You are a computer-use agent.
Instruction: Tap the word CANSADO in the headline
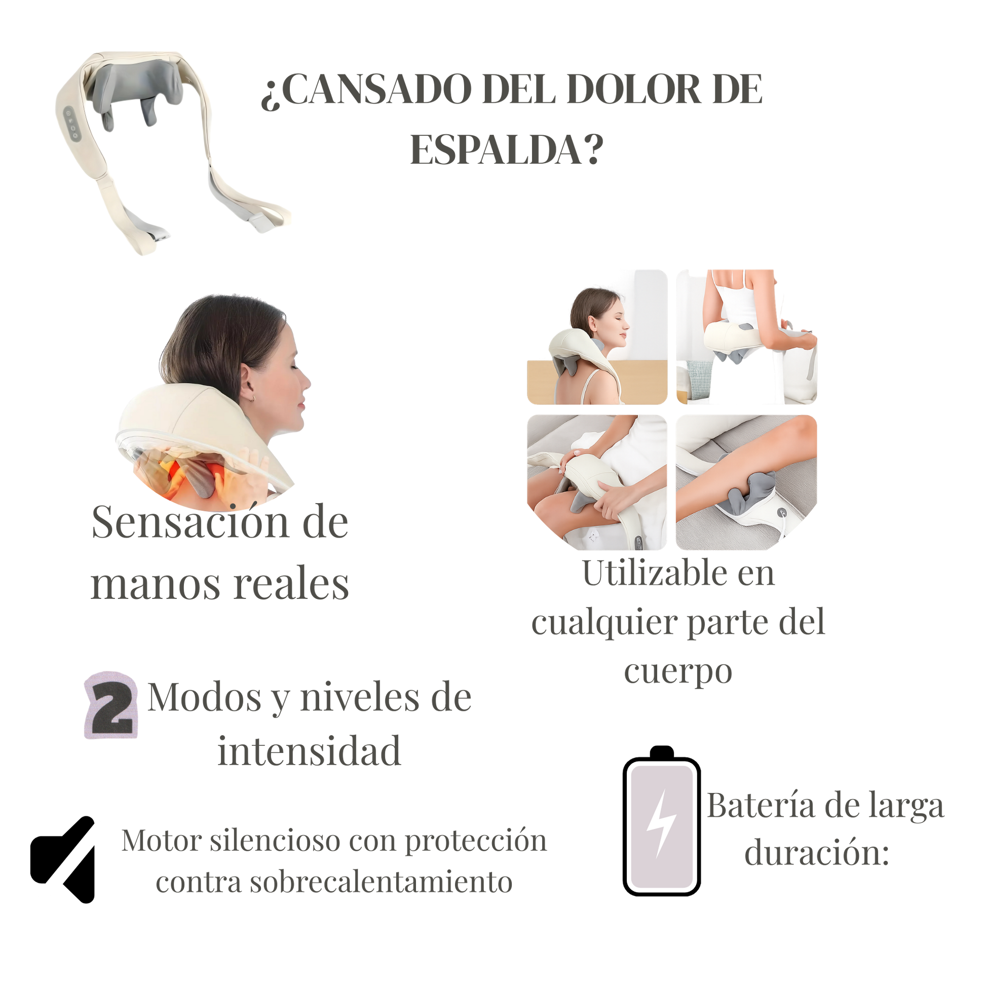[x=376, y=89]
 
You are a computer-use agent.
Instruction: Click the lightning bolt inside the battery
[x=661, y=823]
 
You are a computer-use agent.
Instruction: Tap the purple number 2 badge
[x=111, y=705]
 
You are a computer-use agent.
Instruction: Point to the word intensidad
[x=309, y=751]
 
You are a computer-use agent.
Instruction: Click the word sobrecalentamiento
[x=334, y=882]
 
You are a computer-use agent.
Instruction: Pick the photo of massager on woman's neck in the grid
[x=597, y=337]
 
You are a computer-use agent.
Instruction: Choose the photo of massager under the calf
[x=746, y=482]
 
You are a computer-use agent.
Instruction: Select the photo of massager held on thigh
[x=597, y=482]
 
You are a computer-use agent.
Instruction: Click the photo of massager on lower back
[x=746, y=337]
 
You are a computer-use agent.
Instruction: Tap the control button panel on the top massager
[x=72, y=124]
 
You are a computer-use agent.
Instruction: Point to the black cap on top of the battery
[x=662, y=752]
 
